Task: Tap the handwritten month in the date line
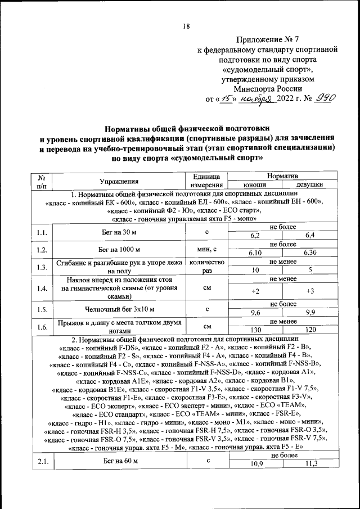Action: [255, 100]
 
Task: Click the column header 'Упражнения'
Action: [119, 181]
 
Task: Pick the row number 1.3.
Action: [41, 267]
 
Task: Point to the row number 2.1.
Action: [41, 461]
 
